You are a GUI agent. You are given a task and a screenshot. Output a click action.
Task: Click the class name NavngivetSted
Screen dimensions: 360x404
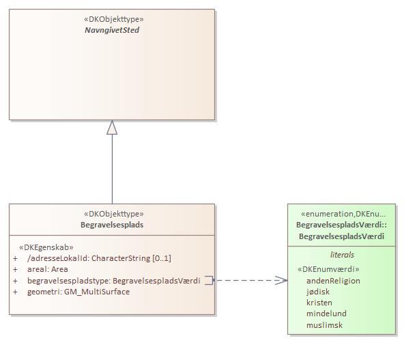[x=112, y=30]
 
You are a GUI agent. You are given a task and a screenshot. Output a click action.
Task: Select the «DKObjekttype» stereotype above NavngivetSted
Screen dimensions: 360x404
[x=112, y=19]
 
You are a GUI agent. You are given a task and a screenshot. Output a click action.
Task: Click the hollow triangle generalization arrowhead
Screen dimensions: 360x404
[x=112, y=128]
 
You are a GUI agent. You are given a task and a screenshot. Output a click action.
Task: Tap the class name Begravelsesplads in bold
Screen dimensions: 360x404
[x=112, y=224]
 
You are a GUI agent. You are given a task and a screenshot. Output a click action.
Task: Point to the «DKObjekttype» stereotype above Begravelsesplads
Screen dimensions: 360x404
[x=112, y=214]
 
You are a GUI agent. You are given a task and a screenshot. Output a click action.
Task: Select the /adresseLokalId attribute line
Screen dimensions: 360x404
[x=98, y=258]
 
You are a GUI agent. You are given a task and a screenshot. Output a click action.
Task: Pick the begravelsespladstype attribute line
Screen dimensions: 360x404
[x=113, y=280]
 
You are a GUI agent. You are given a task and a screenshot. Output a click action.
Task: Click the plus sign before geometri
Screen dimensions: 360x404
[x=16, y=292]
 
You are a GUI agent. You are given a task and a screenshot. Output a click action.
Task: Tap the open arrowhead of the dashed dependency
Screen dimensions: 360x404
[x=282, y=280]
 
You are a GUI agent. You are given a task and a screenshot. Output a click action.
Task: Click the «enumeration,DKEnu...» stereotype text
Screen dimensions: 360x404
[x=341, y=213]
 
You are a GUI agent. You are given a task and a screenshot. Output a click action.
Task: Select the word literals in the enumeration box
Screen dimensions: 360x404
[x=342, y=254]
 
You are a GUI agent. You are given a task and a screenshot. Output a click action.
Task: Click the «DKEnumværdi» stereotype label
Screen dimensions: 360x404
[x=328, y=269]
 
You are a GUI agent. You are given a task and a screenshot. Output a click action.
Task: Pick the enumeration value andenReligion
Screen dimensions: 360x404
[x=333, y=281]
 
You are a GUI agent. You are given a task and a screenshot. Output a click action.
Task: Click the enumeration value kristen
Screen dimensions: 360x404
[x=319, y=303]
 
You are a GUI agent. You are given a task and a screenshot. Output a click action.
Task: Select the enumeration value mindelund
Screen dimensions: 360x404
[x=326, y=314]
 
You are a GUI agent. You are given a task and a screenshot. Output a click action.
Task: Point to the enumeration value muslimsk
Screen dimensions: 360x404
[x=324, y=325]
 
